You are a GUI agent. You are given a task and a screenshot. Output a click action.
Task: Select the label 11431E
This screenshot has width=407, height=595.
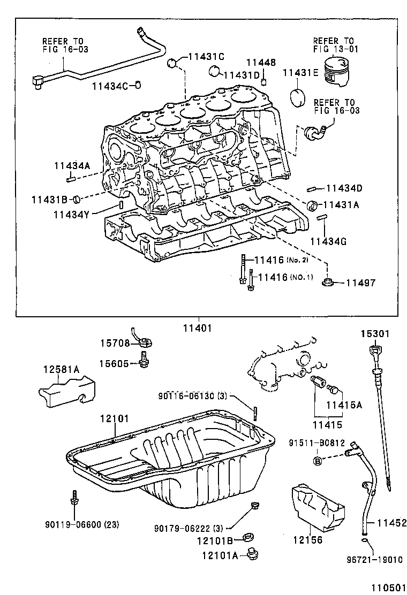(x=300, y=73)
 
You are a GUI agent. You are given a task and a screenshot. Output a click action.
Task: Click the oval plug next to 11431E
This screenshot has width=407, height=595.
(x=297, y=98)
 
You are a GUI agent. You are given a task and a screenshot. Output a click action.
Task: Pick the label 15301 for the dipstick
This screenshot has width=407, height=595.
(x=374, y=334)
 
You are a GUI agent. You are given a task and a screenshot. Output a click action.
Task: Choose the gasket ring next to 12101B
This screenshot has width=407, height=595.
(x=249, y=537)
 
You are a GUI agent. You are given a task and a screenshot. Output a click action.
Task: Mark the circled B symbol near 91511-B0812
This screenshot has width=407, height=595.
(x=318, y=460)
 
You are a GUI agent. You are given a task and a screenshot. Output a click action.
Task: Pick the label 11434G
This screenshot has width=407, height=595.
(x=328, y=241)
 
